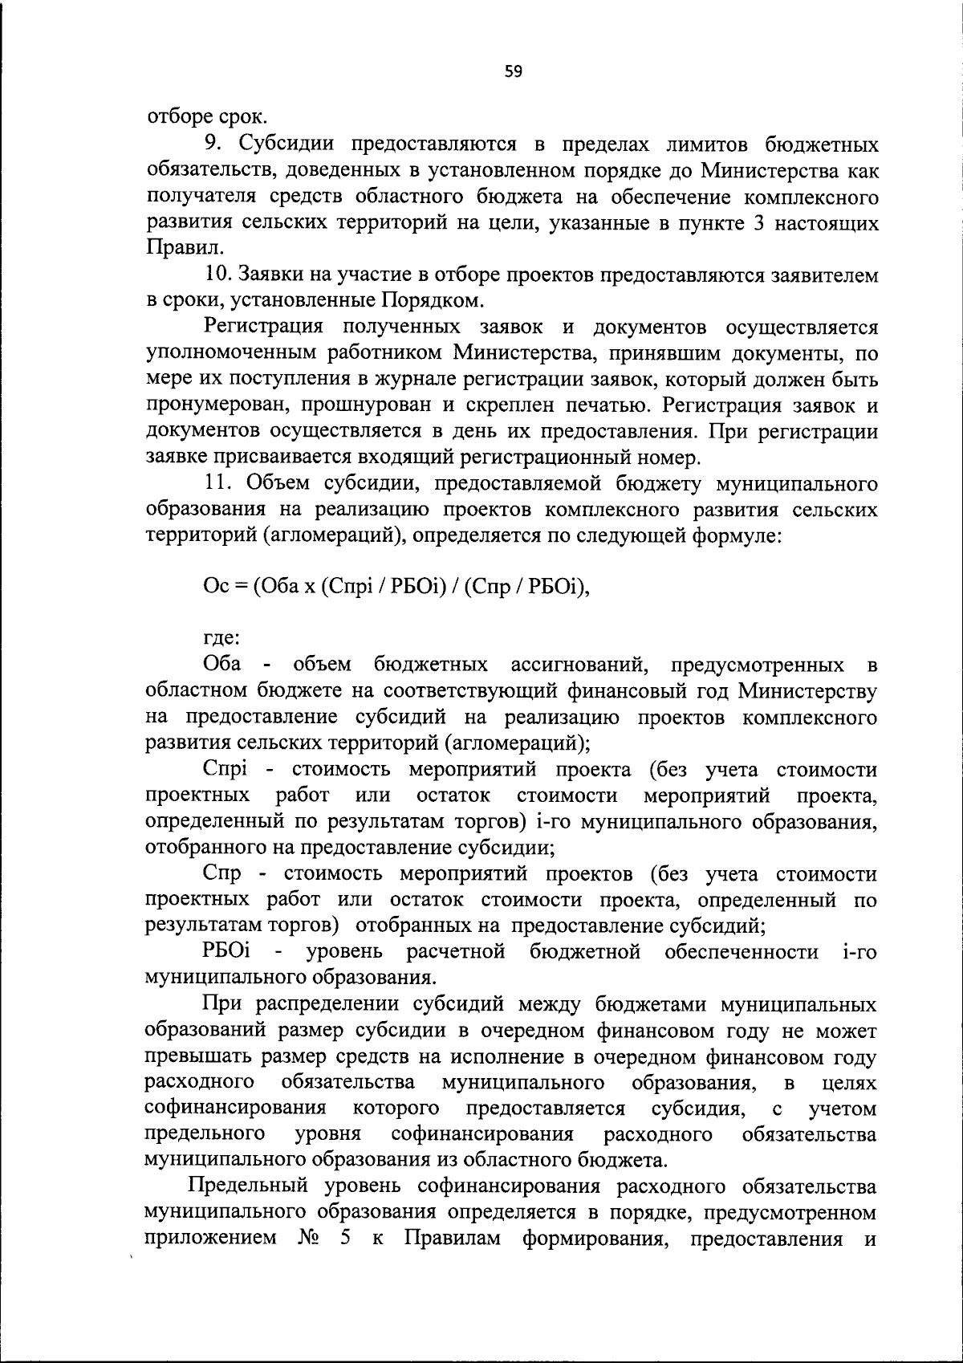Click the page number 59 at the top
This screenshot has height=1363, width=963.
coord(514,72)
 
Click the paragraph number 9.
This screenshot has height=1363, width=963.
coord(210,144)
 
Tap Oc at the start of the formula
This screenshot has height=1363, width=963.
coord(216,587)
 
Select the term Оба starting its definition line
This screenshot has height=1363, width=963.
coord(222,665)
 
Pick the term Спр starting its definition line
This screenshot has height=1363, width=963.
coord(222,873)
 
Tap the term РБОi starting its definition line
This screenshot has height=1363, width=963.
coord(228,952)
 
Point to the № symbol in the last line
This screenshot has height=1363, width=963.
coord(309,1239)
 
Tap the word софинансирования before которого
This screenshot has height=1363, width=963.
coord(235,1109)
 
